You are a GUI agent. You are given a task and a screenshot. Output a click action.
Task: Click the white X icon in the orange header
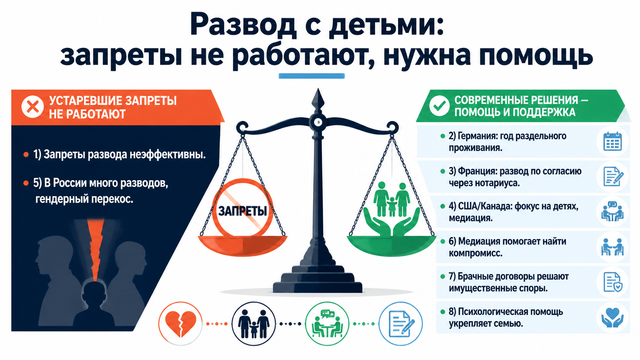(33, 107)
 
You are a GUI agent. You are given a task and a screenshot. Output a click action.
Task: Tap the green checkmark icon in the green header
(439, 106)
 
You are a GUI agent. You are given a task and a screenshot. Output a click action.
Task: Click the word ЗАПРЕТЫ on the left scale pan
(243, 211)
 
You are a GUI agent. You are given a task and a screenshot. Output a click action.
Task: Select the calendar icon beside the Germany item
(612, 141)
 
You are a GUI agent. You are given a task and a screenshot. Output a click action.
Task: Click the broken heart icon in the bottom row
(181, 324)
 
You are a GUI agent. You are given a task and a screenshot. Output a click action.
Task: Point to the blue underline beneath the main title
(312, 76)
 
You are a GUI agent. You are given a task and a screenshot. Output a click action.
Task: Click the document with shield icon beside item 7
(613, 282)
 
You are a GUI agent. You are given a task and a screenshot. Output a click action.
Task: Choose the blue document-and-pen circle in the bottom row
(400, 324)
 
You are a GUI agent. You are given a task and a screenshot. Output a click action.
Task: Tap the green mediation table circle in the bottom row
(327, 324)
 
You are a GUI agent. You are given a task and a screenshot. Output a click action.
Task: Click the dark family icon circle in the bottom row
(254, 324)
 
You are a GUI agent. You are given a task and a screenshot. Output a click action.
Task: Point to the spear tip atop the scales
(318, 89)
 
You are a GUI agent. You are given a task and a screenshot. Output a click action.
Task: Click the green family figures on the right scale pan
(392, 199)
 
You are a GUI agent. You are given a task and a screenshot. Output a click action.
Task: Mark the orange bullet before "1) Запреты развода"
(26, 155)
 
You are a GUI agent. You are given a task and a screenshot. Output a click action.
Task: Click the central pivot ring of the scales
(318, 122)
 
